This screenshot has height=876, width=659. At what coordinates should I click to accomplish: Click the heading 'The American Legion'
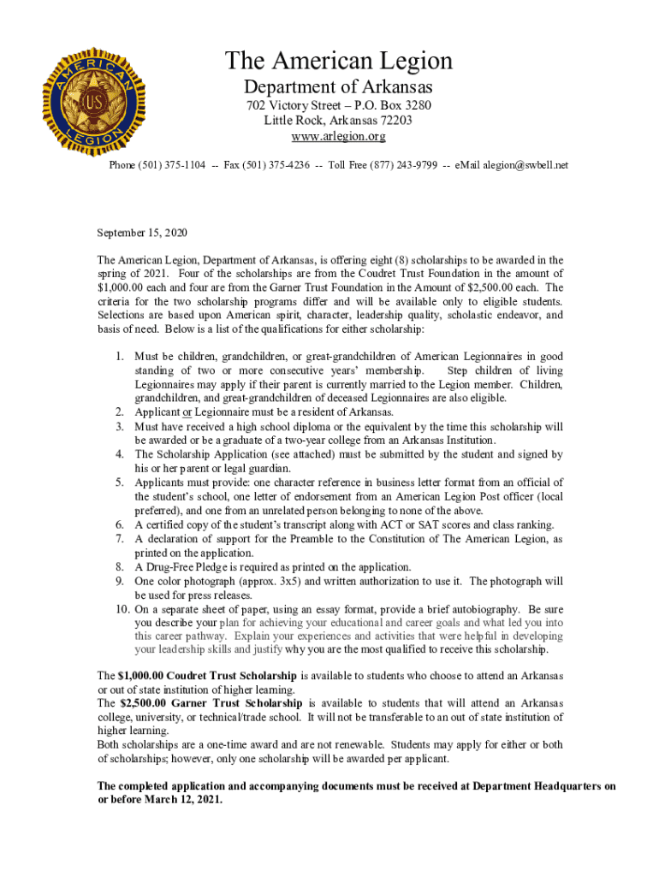click(x=338, y=62)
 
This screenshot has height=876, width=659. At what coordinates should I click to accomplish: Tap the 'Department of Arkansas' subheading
click(x=338, y=87)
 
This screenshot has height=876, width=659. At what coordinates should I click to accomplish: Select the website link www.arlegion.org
click(x=338, y=136)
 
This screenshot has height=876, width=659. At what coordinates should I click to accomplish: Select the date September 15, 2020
click(x=142, y=233)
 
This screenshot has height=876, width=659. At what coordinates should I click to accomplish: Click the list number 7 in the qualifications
click(x=121, y=539)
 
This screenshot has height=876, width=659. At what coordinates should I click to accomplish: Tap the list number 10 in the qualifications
click(x=118, y=609)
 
